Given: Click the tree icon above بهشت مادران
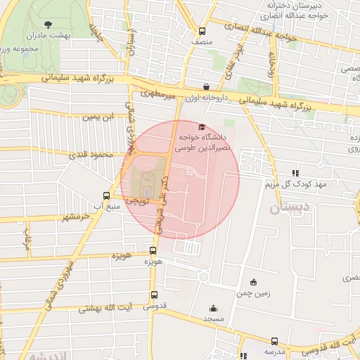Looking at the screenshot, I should (47, 24).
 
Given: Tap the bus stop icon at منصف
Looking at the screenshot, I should (202, 31).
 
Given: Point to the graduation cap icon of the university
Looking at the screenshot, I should (202, 127).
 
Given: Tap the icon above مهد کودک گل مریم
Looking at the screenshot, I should (295, 172).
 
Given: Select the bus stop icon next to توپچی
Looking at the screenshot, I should (106, 196).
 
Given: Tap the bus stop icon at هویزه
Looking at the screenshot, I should (153, 250).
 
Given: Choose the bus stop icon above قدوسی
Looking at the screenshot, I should (154, 295).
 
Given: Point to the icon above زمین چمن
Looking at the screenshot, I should (253, 282).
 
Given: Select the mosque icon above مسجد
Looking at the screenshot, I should (213, 308).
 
